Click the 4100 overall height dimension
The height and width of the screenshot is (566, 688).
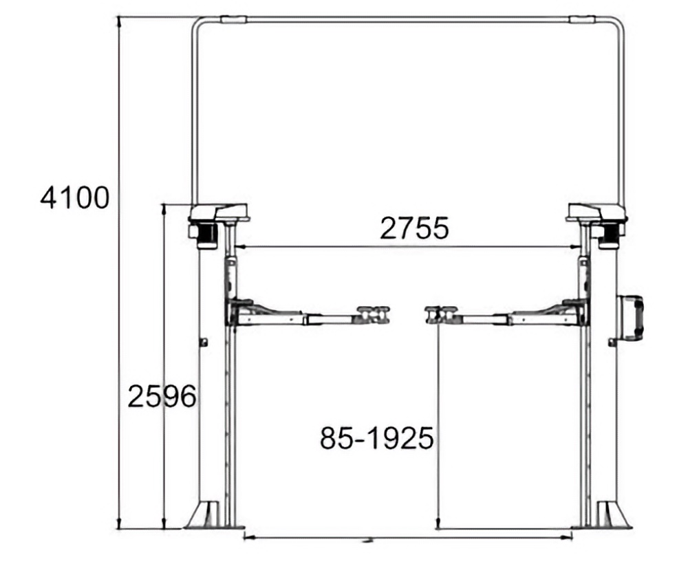[74, 198]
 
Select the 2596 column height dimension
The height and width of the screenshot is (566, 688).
[162, 396]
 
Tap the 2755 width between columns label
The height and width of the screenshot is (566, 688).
[415, 228]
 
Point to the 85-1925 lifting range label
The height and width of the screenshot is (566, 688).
[377, 438]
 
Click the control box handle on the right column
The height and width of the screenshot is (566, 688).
[632, 317]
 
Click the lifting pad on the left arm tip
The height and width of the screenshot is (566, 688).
[374, 314]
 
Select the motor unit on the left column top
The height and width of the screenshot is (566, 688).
[204, 235]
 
